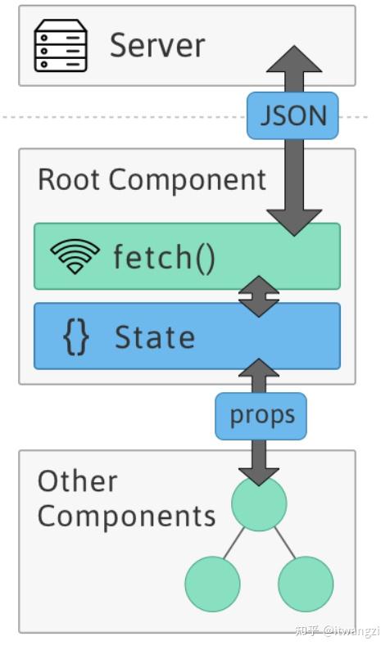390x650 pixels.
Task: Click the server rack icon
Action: click(60, 46)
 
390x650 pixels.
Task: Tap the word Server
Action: click(157, 45)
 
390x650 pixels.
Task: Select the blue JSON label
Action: click(293, 116)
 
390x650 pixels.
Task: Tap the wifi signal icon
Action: click(75, 257)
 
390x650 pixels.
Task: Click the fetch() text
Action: click(164, 257)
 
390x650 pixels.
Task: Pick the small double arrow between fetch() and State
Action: click(259, 296)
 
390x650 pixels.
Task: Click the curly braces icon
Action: click(75, 337)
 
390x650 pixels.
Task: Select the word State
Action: click(155, 337)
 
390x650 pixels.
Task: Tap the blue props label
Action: click(261, 416)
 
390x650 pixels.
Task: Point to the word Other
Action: click(78, 481)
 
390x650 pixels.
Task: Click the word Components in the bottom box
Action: click(126, 517)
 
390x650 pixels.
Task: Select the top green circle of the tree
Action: click(259, 504)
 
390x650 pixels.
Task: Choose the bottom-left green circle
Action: click(212, 585)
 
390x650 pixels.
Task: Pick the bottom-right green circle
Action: click(306, 585)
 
